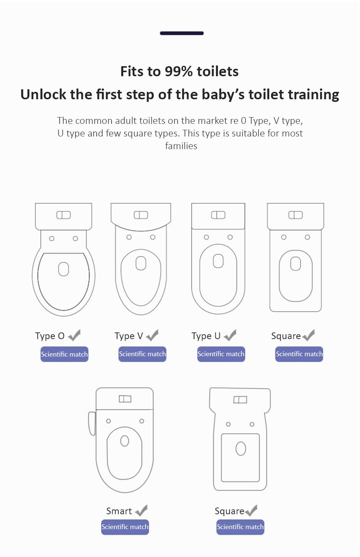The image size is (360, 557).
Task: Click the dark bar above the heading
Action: click(x=181, y=33)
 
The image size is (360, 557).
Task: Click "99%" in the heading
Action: click(x=179, y=71)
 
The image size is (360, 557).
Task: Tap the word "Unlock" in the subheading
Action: click(x=44, y=94)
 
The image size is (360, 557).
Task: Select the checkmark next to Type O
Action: click(x=74, y=335)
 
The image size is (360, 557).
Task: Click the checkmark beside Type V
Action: click(x=152, y=335)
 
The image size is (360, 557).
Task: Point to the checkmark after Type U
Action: click(x=230, y=335)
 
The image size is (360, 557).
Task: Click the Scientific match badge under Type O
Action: click(x=64, y=354)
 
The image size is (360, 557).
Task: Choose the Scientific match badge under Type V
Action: click(x=142, y=354)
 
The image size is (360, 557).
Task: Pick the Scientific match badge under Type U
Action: click(x=221, y=354)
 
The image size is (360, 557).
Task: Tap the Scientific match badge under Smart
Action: click(x=125, y=527)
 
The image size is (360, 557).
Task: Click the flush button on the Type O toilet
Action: click(x=64, y=215)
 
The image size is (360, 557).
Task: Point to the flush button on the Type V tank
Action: click(x=141, y=215)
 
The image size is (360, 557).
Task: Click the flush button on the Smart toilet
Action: click(x=125, y=399)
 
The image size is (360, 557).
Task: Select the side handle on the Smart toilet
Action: click(x=92, y=424)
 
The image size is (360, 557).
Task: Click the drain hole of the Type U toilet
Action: click(x=218, y=261)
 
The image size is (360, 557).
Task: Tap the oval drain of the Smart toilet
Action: click(x=124, y=441)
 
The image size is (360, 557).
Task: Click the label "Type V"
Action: click(x=129, y=336)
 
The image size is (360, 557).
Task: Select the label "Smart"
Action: click(x=119, y=511)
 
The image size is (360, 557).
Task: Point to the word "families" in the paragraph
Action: click(x=181, y=146)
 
